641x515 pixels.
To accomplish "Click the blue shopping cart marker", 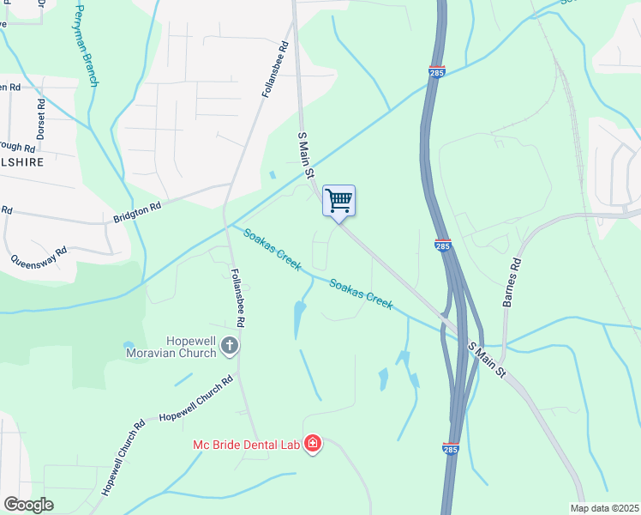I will point(338,201).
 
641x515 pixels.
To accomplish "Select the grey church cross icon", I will point(229,346).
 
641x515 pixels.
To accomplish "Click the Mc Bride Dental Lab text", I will point(247,444).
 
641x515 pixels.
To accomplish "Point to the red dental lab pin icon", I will point(314,444).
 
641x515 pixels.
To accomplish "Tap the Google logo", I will point(27,505).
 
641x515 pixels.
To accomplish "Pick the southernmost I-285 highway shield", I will point(451,447).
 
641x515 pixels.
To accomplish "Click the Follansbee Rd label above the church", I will point(238,298).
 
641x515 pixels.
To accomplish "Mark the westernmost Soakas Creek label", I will point(273,250).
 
